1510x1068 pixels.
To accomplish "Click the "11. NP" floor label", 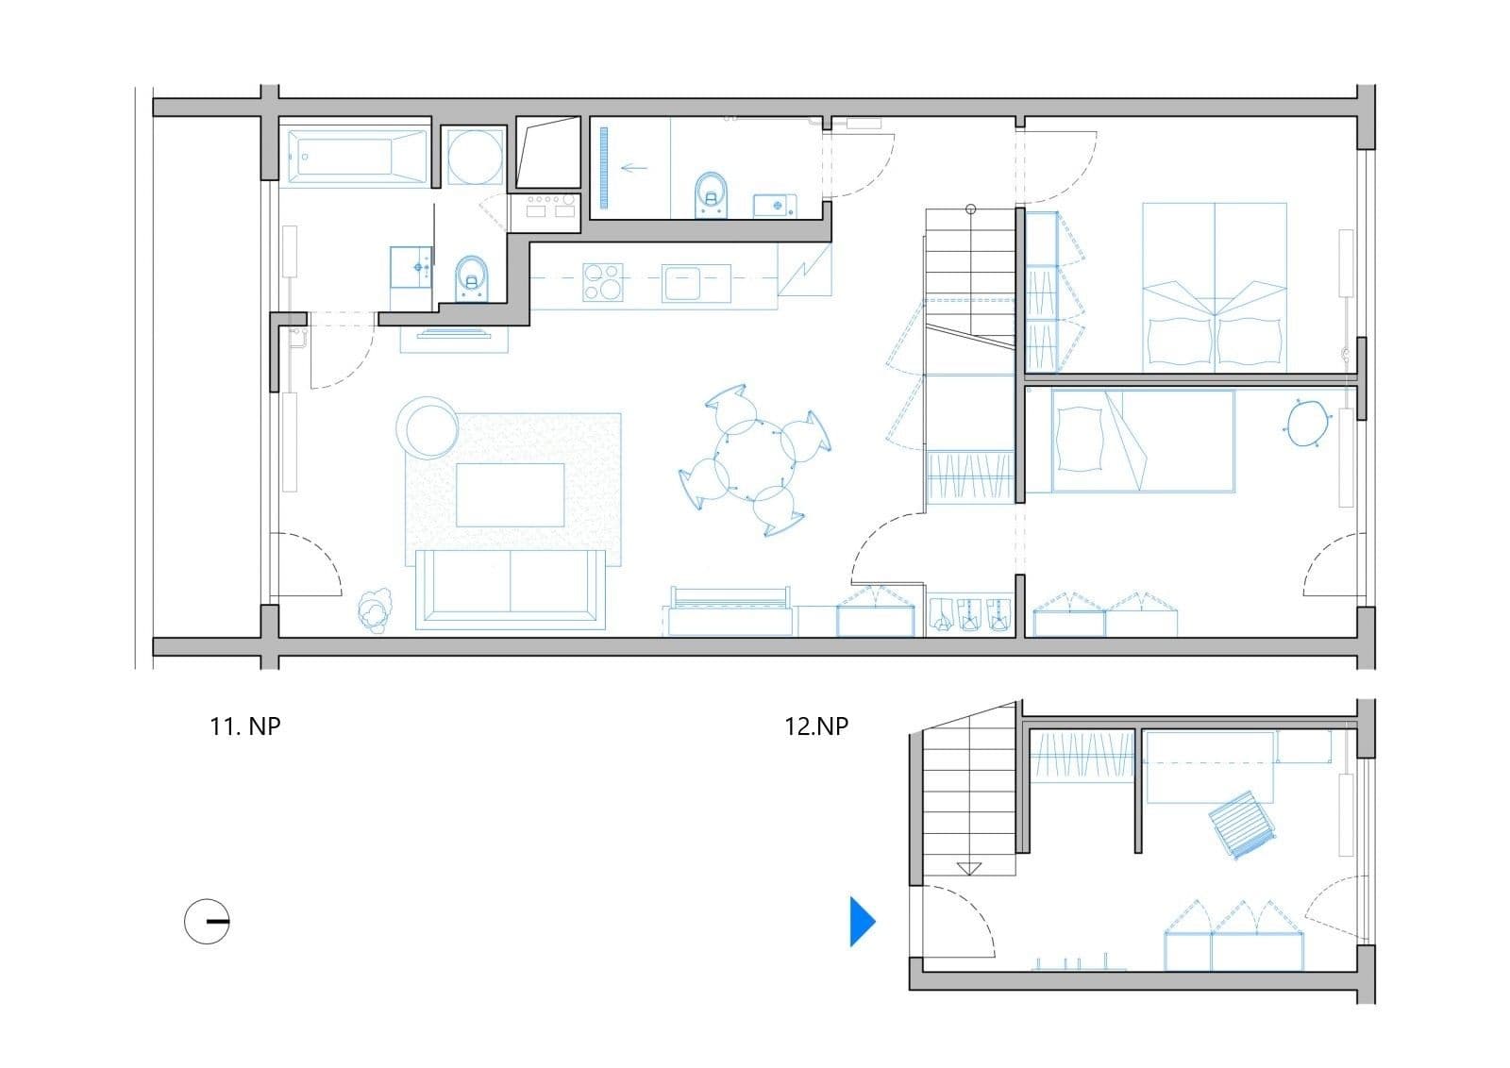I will (245, 726).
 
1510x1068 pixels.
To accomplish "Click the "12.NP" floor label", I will (816, 726).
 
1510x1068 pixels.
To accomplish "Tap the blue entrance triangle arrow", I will (862, 921).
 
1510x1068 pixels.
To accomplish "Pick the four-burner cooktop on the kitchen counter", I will (604, 282).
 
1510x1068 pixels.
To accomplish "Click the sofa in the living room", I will (510, 587).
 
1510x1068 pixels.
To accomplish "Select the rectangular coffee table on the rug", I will (511, 494).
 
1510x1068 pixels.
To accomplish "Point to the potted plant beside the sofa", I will (375, 610).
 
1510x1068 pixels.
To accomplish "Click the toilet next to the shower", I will (712, 193).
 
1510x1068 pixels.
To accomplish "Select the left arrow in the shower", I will (634, 168).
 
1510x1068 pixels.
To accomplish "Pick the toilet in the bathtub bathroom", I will (472, 277).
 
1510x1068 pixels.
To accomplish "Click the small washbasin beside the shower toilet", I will (775, 205).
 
